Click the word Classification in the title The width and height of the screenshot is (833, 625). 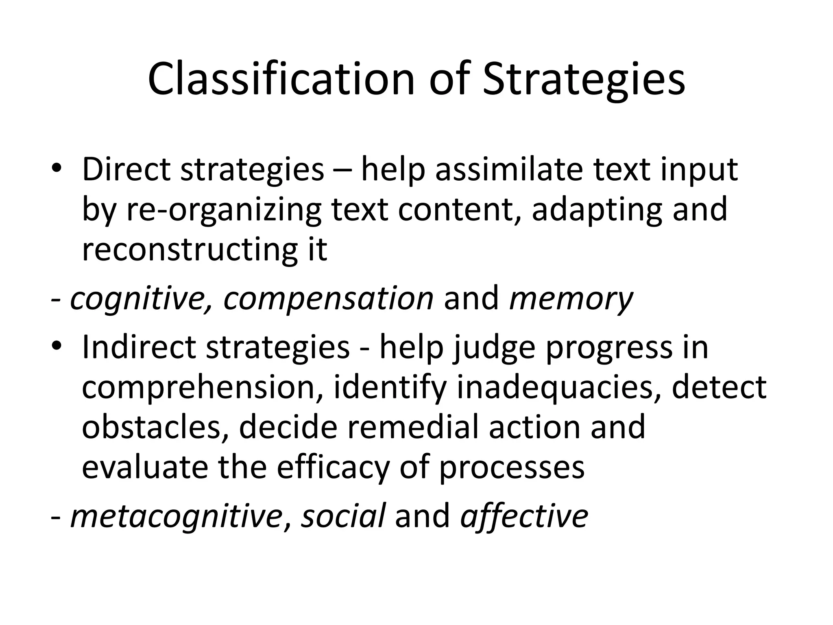point(281,79)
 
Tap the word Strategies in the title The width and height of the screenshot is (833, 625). point(584,79)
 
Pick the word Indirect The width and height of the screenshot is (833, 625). point(139,347)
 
